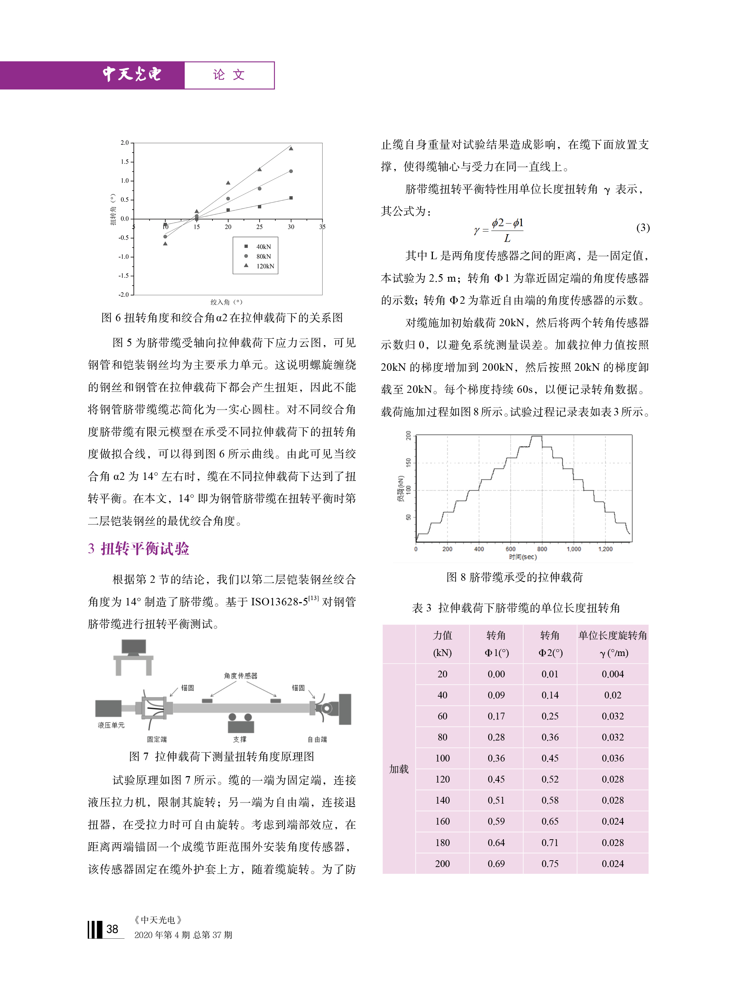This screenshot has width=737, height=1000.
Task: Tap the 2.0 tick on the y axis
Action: pos(124,143)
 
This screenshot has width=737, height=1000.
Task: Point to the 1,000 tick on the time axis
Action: pos(573,549)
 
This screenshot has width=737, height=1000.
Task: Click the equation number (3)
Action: pos(643,228)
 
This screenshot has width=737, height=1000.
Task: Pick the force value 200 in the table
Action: pos(442,863)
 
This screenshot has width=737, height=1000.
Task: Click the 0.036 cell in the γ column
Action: pos(613,758)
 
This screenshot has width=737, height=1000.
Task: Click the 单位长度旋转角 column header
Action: pos(613,635)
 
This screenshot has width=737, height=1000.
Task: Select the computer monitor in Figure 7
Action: pos(134,648)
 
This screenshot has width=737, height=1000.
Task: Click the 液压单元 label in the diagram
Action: pos(111,725)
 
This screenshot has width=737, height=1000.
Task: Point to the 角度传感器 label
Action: pos(240,676)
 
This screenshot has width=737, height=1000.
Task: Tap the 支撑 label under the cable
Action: pos(240,739)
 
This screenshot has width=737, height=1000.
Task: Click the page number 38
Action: pos(112,929)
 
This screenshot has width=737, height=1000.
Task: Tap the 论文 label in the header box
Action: pos(229,75)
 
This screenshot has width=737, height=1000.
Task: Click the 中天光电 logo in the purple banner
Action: pos(132,74)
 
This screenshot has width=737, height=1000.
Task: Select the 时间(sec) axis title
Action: pos(522,557)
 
